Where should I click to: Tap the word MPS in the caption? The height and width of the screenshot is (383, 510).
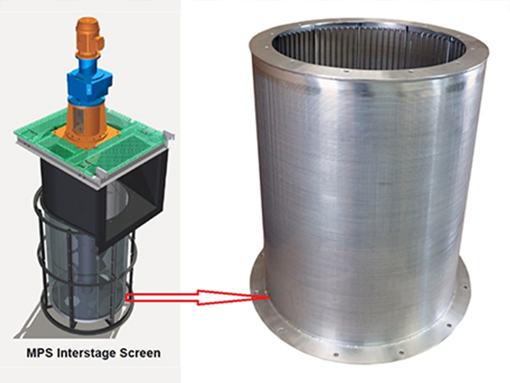(40, 352)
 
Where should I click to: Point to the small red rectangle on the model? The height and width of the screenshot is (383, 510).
(129, 296)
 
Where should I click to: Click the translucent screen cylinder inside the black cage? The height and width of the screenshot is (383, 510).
(86, 274)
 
